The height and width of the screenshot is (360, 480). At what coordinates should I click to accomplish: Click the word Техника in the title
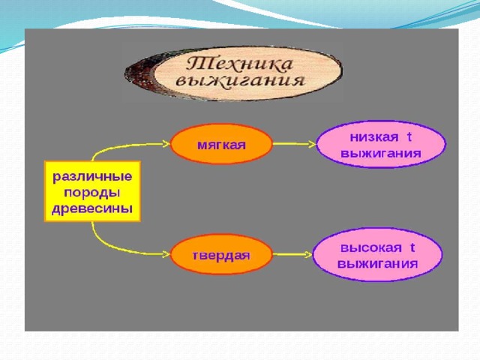point(240,64)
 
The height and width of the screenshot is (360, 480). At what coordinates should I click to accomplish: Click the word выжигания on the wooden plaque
point(241,81)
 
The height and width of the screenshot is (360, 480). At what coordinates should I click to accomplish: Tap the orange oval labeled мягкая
point(221,144)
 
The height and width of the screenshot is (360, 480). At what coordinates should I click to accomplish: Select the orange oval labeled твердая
point(221,254)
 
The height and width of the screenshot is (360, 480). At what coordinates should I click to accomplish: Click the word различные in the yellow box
point(92,177)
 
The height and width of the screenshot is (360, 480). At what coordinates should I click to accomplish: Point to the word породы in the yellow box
point(92,193)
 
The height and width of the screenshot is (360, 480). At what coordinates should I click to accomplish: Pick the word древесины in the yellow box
point(92,209)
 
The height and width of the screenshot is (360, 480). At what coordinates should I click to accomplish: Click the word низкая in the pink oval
point(374,137)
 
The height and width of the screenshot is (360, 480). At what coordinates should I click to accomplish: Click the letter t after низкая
point(409,136)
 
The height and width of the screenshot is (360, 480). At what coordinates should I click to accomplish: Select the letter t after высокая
point(412,247)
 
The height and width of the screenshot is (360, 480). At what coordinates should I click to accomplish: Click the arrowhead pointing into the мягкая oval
point(166,143)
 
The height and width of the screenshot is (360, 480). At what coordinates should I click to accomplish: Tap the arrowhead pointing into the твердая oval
point(166,253)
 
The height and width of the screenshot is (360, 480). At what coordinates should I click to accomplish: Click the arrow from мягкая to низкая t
point(295,143)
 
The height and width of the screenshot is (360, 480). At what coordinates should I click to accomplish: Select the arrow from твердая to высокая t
point(292,254)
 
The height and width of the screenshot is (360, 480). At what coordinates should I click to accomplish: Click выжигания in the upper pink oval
point(381,153)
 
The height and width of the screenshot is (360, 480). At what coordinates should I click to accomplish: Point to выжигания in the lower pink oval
point(377,263)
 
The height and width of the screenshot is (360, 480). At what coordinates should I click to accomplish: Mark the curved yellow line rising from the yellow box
point(122,146)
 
